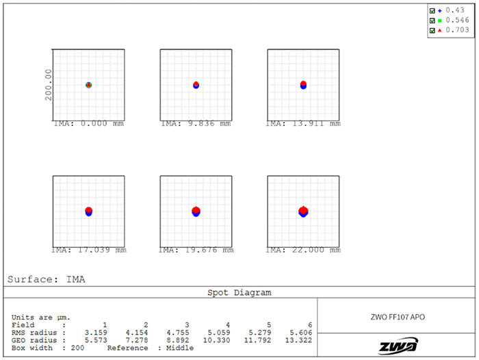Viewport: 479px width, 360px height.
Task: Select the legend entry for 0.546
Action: (x=454, y=21)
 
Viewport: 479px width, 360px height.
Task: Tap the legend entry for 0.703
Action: (x=454, y=30)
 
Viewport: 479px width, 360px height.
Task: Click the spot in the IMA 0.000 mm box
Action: (x=88, y=85)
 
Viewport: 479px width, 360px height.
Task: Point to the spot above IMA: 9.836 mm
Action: (x=196, y=85)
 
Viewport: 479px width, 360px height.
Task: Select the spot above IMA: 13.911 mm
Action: (x=303, y=85)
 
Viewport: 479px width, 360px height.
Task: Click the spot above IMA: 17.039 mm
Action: (x=88, y=211)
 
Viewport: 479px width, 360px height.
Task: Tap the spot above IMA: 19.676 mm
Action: (x=196, y=211)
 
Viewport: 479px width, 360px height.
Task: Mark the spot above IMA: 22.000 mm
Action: (x=303, y=211)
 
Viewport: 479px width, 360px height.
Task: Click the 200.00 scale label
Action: (x=49, y=85)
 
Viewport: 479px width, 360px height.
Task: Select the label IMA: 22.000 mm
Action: (x=303, y=250)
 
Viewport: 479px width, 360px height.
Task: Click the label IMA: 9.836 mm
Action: (x=196, y=124)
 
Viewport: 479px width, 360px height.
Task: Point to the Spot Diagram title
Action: (x=239, y=292)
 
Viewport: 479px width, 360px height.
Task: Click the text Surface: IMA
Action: (x=47, y=279)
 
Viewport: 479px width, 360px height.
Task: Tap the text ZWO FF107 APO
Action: (x=398, y=317)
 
